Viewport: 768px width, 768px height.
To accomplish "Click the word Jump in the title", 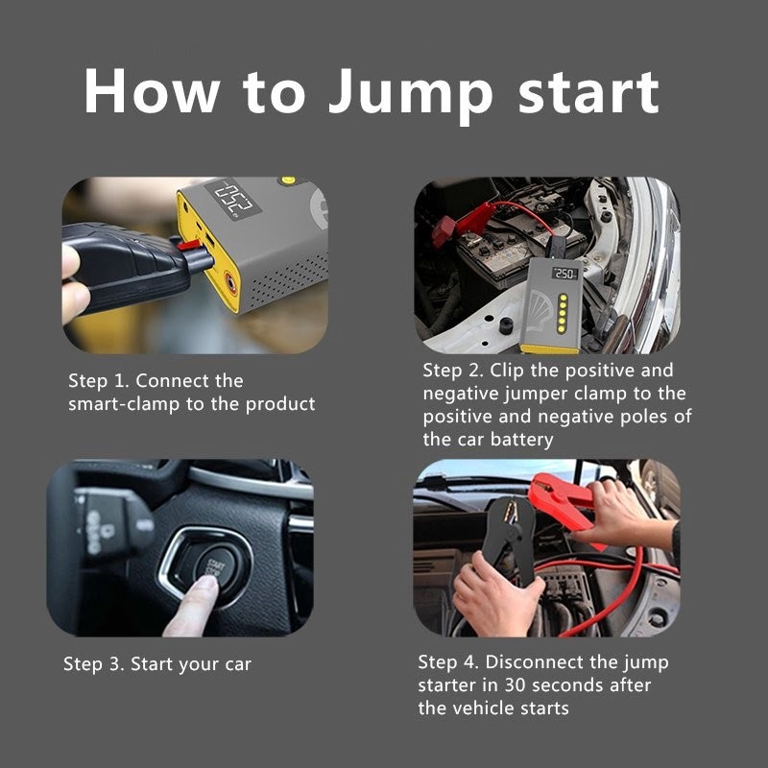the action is (x=410, y=94).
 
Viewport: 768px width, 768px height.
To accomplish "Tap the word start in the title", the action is (x=588, y=92).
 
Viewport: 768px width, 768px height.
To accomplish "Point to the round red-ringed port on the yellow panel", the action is (x=230, y=282).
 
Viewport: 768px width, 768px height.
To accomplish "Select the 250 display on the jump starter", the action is (x=564, y=274).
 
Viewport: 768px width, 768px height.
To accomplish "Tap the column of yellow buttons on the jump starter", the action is (x=563, y=314).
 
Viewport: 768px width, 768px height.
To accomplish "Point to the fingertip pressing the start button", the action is (x=207, y=586).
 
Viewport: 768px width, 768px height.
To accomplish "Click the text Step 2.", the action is (x=452, y=371).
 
